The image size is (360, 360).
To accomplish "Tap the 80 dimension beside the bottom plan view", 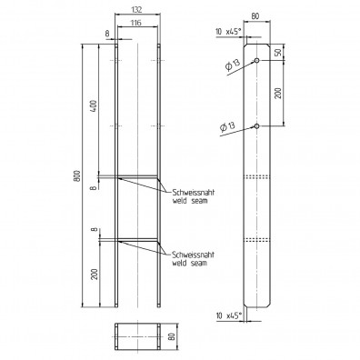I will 172,337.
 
